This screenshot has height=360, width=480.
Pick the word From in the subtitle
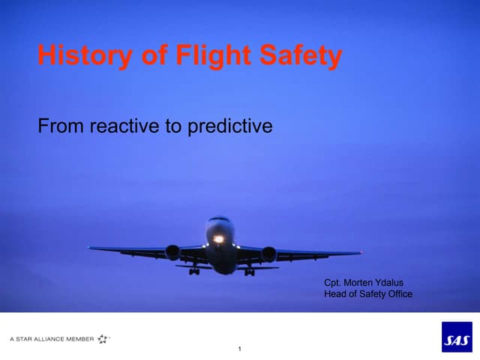(x=61, y=126)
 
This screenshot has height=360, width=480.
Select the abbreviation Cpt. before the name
(x=332, y=282)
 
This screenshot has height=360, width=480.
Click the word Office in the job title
(x=397, y=294)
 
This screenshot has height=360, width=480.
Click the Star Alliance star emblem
(x=103, y=339)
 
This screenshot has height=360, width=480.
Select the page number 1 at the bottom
(x=239, y=349)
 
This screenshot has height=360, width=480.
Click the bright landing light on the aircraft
(x=218, y=238)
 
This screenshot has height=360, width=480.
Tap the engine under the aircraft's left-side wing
(x=172, y=253)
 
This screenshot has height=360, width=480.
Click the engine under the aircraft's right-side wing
(x=269, y=254)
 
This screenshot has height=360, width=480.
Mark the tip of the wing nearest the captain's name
(x=361, y=253)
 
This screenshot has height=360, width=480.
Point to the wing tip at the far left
(x=89, y=247)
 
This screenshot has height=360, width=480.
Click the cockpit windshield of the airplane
(x=219, y=222)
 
